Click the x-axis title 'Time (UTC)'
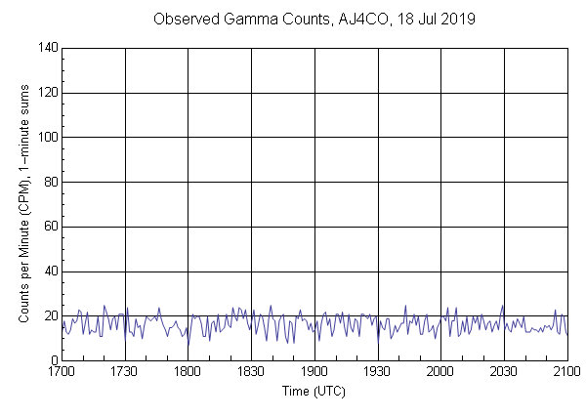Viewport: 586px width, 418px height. [x=314, y=391]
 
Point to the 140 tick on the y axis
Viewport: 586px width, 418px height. [x=47, y=48]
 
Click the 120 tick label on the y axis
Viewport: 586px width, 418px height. [x=47, y=93]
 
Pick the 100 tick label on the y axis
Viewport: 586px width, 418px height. [x=47, y=138]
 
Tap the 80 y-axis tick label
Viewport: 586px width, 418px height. [x=50, y=183]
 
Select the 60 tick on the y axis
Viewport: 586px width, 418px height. [x=50, y=228]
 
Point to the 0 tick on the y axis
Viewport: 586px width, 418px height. [x=53, y=361]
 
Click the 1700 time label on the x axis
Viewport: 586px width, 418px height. [x=62, y=372]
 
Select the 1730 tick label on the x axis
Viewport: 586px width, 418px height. [x=125, y=372]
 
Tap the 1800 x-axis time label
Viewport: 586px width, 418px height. [x=188, y=372]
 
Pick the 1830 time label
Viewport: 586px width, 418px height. [x=251, y=372]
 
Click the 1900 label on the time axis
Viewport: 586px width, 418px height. [x=314, y=372]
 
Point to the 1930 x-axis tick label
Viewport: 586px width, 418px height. [x=378, y=372]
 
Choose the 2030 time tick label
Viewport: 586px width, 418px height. [x=504, y=372]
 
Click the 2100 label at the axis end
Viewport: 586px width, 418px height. [x=565, y=372]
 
